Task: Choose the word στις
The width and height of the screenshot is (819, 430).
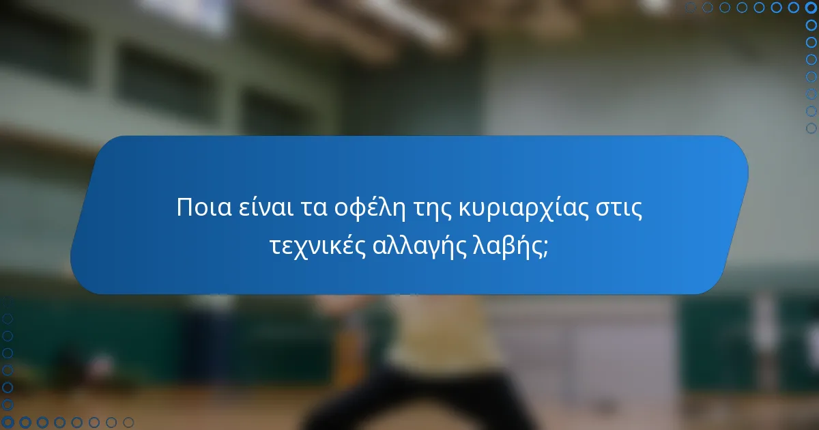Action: click(620, 207)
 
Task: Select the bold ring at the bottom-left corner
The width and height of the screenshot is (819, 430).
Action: click(8, 422)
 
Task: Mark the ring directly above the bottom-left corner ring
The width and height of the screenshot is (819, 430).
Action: click(8, 405)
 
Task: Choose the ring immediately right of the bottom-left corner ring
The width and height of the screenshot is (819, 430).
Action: click(25, 422)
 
